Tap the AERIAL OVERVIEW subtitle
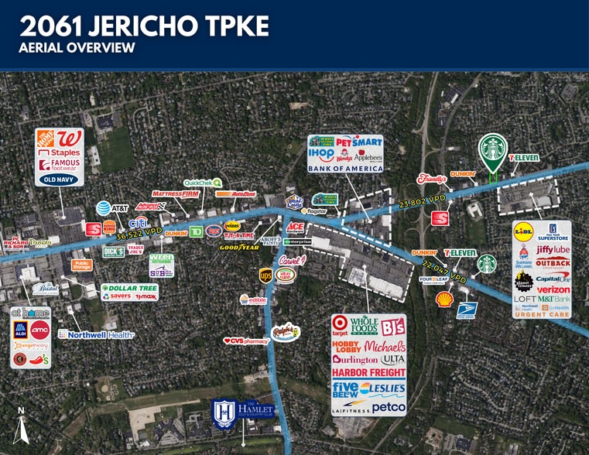point(77,48)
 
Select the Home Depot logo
point(48,140)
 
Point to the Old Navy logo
point(60,179)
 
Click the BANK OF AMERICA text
point(345,168)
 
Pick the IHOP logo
point(320,155)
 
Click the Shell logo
point(444,299)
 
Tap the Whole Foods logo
point(364,323)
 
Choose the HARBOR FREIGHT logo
point(368,372)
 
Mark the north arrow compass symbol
point(21,426)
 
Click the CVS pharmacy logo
point(246,340)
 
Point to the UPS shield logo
point(266,275)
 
